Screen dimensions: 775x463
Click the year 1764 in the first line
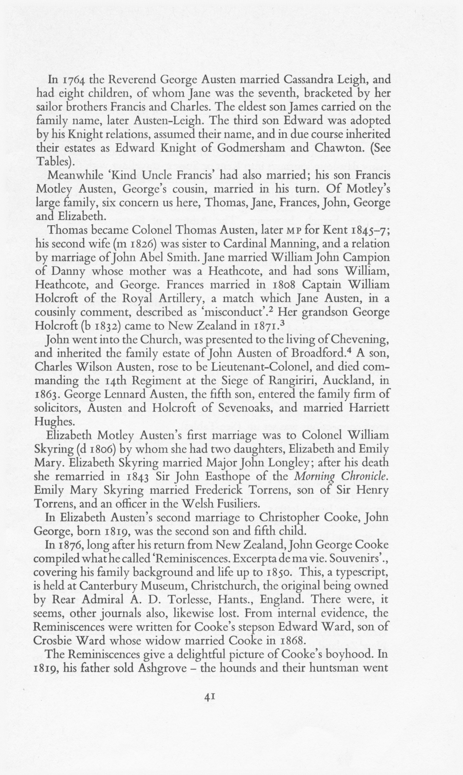pyautogui.click(x=72, y=80)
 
